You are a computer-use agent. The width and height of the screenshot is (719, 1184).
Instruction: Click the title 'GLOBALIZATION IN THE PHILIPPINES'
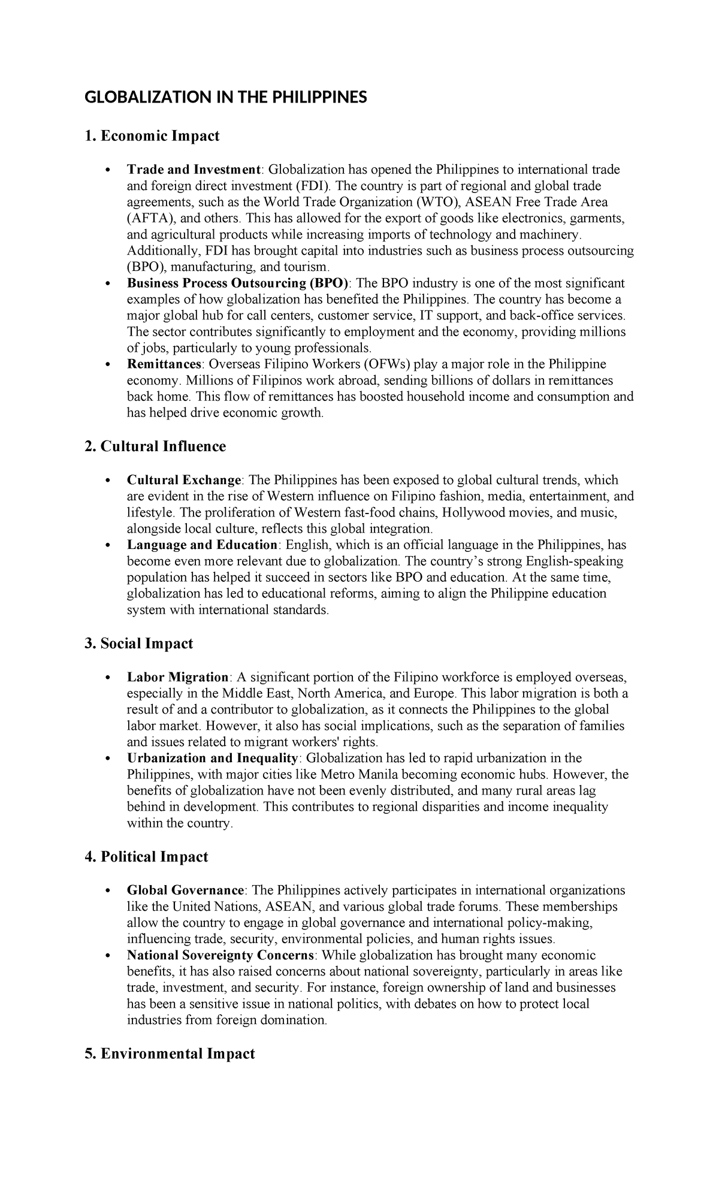[225, 97]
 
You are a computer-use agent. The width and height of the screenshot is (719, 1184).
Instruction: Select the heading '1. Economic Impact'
[152, 136]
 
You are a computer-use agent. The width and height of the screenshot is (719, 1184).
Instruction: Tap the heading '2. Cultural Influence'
[155, 446]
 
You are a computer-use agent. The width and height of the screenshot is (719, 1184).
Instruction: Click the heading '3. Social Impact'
[139, 644]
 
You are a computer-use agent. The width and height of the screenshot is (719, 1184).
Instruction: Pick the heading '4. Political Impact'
[146, 857]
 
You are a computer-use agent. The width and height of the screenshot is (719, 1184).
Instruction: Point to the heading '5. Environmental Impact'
[170, 1053]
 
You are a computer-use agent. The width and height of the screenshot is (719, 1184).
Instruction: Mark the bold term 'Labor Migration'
[177, 677]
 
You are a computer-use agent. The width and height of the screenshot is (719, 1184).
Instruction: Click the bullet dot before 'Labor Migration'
[107, 678]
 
